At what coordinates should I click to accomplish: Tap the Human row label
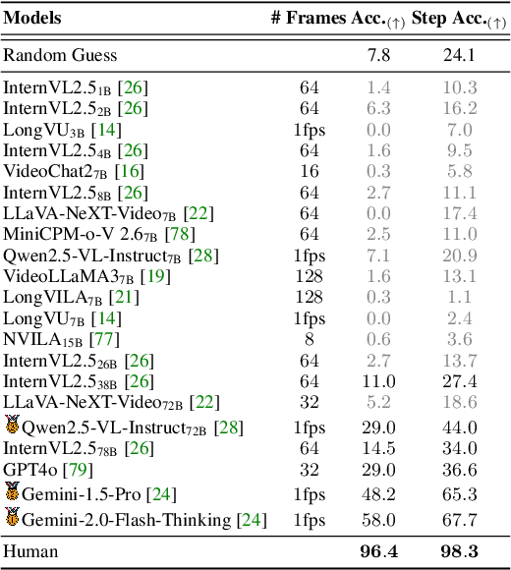pos(30,551)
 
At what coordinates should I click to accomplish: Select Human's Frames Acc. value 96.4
pos(379,551)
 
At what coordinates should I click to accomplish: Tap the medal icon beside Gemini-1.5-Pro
pos(12,493)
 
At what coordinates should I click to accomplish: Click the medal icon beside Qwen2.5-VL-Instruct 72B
pos(12,426)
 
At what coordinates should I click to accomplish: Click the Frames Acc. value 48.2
pos(379,494)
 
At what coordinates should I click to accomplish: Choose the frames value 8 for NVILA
pos(310,339)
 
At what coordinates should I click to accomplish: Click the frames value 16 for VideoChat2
pos(310,172)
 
